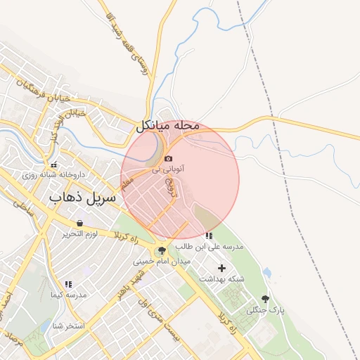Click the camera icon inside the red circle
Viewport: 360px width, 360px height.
(x=168, y=158)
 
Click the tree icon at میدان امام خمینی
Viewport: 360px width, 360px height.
(x=162, y=250)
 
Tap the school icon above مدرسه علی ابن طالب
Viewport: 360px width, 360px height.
(x=208, y=236)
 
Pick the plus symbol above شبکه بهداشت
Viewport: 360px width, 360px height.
(x=222, y=268)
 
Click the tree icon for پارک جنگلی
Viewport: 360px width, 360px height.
(x=265, y=299)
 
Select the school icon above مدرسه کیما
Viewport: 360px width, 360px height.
(x=68, y=284)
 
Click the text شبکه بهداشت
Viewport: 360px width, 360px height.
(x=221, y=279)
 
